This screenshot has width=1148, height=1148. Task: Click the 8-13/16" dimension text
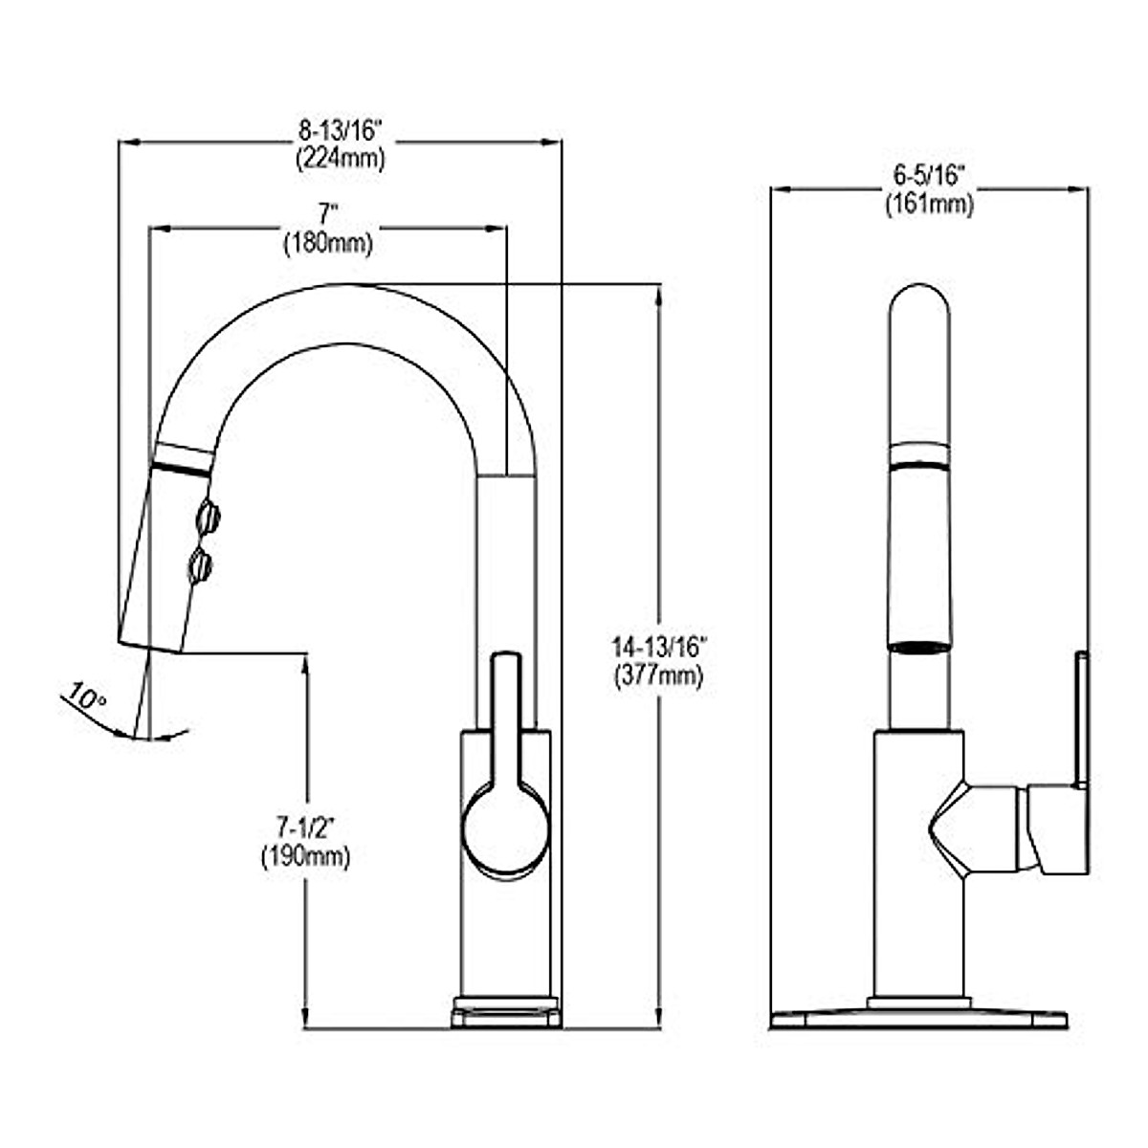[x=340, y=131]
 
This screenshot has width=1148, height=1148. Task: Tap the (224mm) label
[x=341, y=159]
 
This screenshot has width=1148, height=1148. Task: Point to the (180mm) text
[x=328, y=244]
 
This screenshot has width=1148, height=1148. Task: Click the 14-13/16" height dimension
[x=659, y=647]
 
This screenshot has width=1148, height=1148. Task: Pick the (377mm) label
[x=659, y=675]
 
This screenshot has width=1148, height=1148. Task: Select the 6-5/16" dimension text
[x=929, y=176]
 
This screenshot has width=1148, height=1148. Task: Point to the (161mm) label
[x=929, y=205]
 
